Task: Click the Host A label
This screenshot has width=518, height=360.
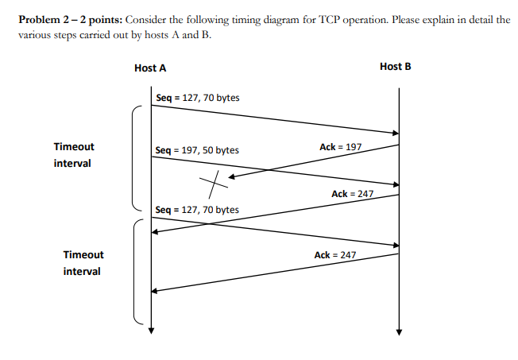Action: tap(150, 68)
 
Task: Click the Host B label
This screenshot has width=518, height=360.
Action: tap(396, 67)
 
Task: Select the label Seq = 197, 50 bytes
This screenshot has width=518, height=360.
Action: tap(197, 149)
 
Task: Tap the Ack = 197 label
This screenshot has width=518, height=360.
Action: tap(340, 147)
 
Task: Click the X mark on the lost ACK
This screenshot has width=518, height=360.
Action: tap(212, 184)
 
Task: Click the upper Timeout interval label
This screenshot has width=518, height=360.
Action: tap(74, 155)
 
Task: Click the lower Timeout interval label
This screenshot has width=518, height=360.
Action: tap(83, 263)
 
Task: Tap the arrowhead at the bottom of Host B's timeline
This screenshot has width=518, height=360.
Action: tap(400, 331)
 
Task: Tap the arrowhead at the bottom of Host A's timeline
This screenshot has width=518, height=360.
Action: tap(150, 331)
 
